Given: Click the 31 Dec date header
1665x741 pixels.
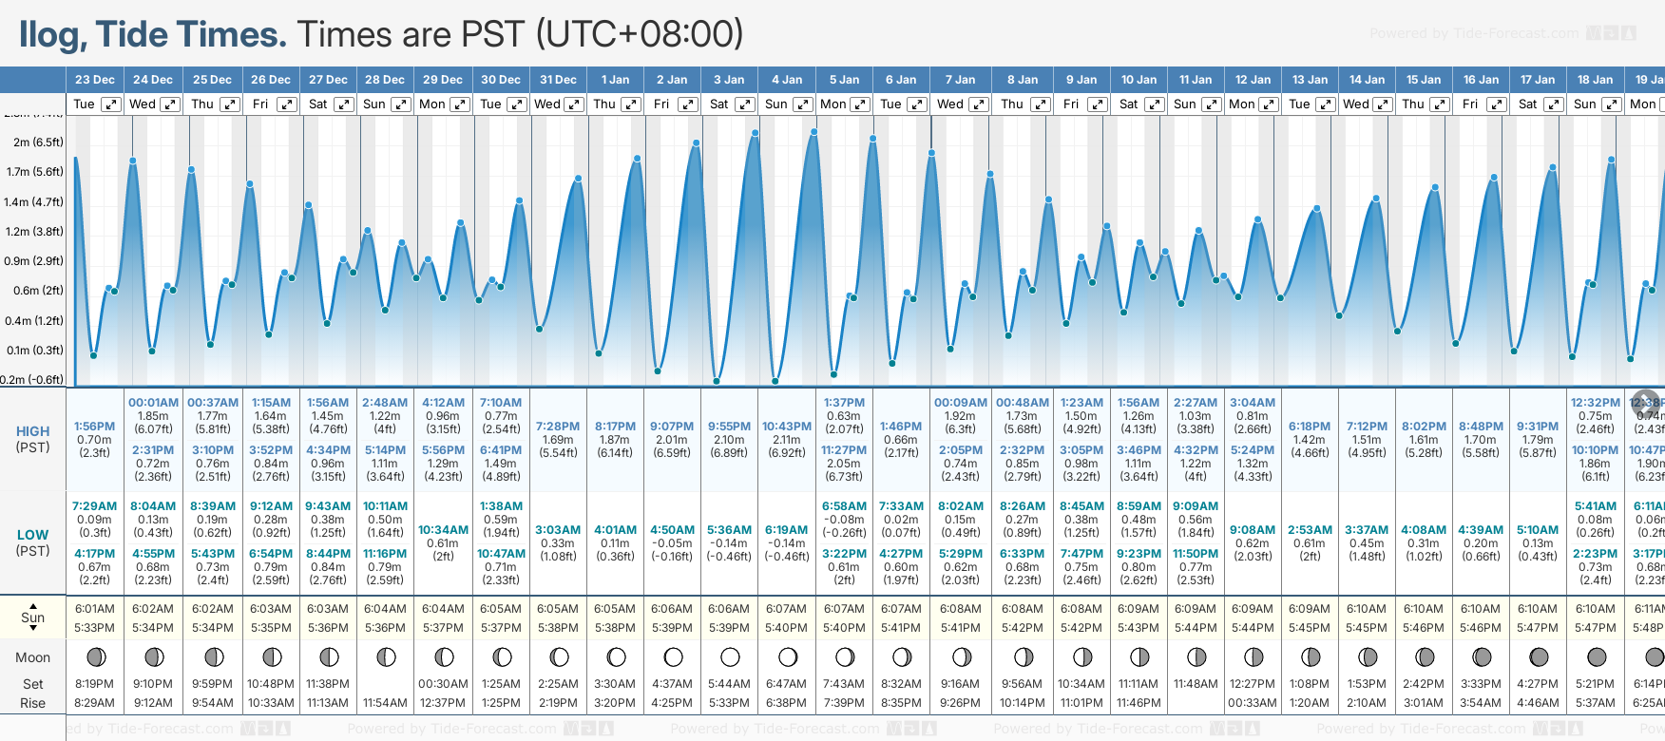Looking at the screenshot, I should [x=558, y=80].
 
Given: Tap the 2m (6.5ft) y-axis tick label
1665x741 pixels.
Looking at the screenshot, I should [x=38, y=142].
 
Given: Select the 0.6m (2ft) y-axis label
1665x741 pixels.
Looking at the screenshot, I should [x=38, y=291].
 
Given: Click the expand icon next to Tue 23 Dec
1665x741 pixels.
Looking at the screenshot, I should [x=111, y=104].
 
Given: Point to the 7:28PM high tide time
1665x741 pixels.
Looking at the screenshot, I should [x=558, y=427].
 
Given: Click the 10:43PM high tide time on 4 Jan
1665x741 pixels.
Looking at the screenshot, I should [x=787, y=427].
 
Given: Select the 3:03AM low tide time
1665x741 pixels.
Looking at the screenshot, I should [x=558, y=530].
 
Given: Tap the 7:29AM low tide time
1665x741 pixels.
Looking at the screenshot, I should [x=94, y=506].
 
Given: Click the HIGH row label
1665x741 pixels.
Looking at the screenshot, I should [x=33, y=431].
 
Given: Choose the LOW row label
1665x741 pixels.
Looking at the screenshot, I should [x=33, y=535].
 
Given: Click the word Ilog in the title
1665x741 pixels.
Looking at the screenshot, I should [x=49, y=35].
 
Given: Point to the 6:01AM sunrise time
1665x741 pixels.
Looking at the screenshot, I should [x=94, y=609].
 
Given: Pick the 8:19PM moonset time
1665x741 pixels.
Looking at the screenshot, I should [x=94, y=684].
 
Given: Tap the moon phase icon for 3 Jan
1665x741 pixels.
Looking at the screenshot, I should [x=730, y=657].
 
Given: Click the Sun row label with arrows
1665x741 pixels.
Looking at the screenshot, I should [x=33, y=617].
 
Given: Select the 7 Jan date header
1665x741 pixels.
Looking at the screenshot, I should [x=960, y=80].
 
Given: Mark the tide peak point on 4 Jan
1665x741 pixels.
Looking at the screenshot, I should [x=813, y=132].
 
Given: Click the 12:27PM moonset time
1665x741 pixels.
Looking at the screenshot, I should [x=1253, y=684].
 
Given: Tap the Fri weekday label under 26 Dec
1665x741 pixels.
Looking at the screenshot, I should [x=260, y=104].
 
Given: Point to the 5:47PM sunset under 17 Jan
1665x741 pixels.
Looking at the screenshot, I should [x=1538, y=628].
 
